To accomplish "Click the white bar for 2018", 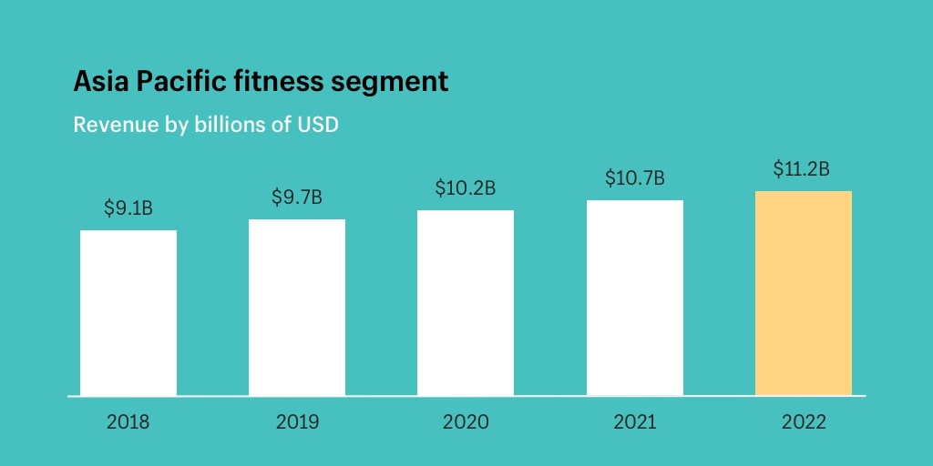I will pyautogui.click(x=128, y=313).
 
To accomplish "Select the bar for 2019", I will pyautogui.click(x=297, y=308).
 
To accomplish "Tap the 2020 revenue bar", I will pyautogui.click(x=466, y=303).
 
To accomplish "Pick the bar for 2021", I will pyautogui.click(x=635, y=299).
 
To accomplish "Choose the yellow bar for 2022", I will pyautogui.click(x=804, y=293).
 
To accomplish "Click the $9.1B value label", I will pyautogui.click(x=128, y=208).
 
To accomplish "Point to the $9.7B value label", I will pyautogui.click(x=297, y=197).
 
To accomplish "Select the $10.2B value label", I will pyautogui.click(x=466, y=188).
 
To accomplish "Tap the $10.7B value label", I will pyautogui.click(x=635, y=178).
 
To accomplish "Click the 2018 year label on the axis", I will pyautogui.click(x=128, y=422).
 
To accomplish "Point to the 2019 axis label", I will pyautogui.click(x=297, y=422).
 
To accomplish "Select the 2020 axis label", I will pyautogui.click(x=466, y=422).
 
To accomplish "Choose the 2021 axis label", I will pyautogui.click(x=635, y=422).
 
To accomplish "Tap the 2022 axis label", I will pyautogui.click(x=804, y=422).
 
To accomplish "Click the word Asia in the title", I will pyautogui.click(x=101, y=82).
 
